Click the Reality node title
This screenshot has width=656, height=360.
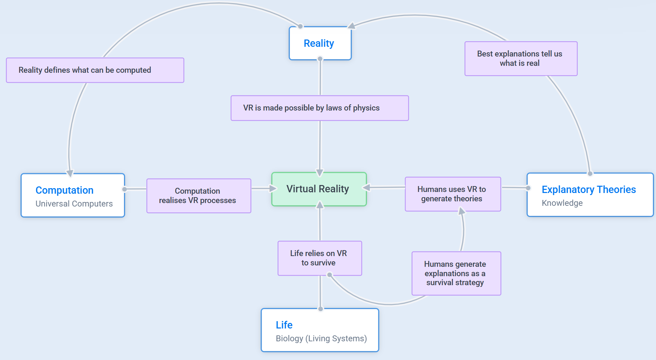click(319, 43)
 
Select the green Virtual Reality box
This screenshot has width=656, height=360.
click(319, 189)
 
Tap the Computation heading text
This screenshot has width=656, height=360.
click(64, 190)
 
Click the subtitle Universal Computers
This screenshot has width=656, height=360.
click(74, 204)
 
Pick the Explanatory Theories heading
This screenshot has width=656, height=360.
click(588, 190)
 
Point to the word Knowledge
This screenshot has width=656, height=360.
click(562, 203)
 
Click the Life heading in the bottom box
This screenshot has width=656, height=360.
click(284, 325)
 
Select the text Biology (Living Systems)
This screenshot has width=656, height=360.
click(321, 339)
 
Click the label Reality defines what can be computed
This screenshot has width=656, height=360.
click(85, 70)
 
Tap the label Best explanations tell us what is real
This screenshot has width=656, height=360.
click(519, 59)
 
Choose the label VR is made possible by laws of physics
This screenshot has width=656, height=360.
click(311, 108)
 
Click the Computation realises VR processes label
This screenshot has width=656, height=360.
click(198, 196)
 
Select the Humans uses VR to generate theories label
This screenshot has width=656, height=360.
click(452, 194)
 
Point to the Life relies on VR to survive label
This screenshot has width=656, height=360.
click(318, 258)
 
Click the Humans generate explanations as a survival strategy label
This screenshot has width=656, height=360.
click(455, 273)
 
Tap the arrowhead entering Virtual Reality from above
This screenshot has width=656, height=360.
click(320, 172)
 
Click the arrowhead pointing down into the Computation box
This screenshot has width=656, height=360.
click(70, 173)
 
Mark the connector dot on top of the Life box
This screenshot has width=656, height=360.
click(321, 309)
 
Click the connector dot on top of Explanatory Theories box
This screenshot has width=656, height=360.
click(590, 173)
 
